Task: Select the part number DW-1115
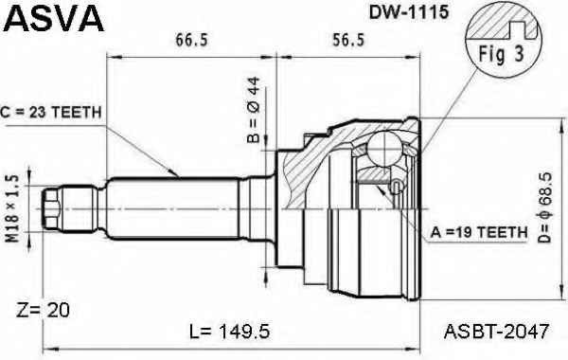click(x=409, y=12)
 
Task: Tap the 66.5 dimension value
click(x=192, y=40)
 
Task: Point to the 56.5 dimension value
click(x=348, y=40)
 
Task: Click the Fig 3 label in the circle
click(x=502, y=54)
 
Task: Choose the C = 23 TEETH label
click(x=51, y=113)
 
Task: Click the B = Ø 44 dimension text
click(x=254, y=110)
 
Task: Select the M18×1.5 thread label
click(x=12, y=208)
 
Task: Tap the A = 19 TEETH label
click(x=479, y=232)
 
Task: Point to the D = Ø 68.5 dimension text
click(x=544, y=207)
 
